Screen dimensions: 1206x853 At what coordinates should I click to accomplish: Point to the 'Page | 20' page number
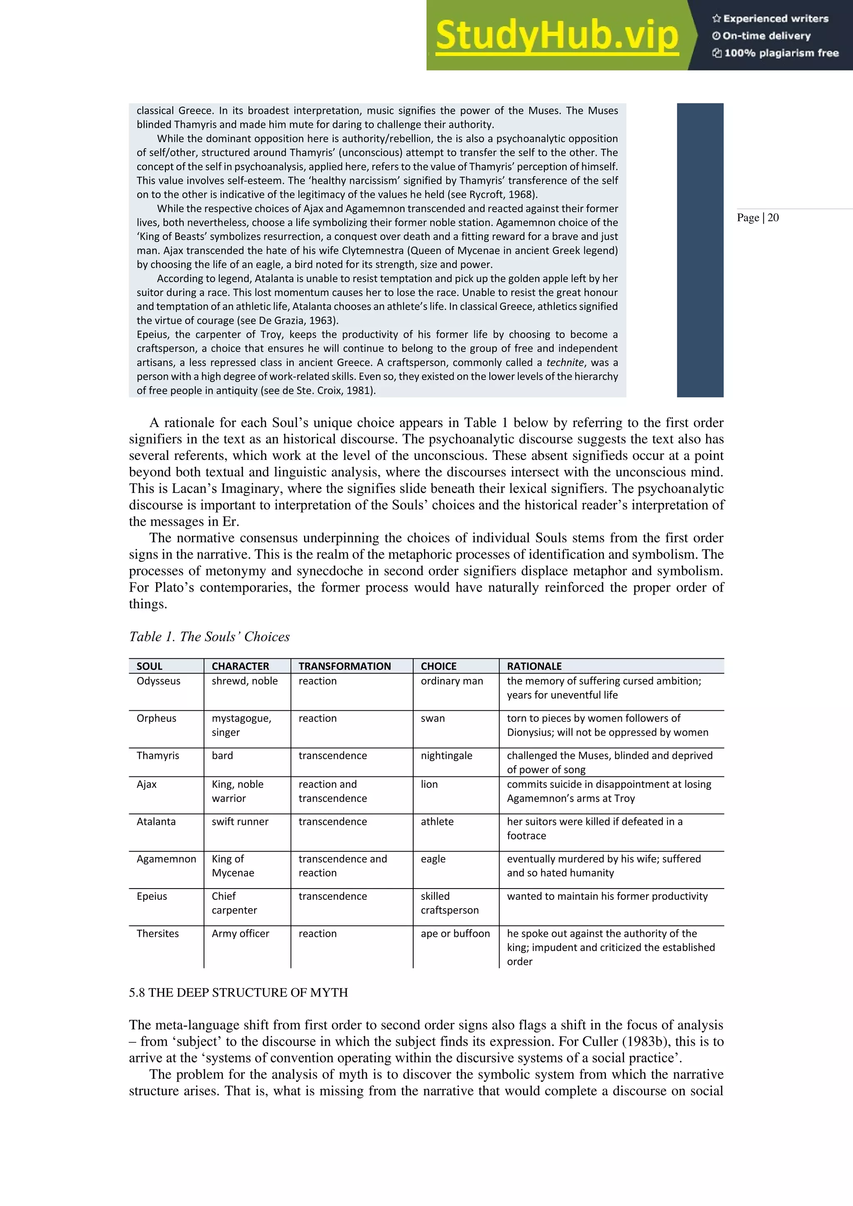click(x=757, y=217)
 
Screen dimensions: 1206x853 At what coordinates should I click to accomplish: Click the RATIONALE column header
click(x=534, y=666)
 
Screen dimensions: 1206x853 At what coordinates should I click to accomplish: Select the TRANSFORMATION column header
click(x=344, y=666)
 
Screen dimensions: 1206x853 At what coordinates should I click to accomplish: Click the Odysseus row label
click(x=158, y=681)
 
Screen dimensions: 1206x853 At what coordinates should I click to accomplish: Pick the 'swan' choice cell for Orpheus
click(x=432, y=718)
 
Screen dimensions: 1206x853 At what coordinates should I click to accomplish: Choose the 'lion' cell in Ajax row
click(x=429, y=784)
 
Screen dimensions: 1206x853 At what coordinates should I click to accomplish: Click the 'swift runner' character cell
click(x=239, y=821)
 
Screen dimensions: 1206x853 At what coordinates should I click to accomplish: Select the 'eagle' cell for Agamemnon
click(x=433, y=859)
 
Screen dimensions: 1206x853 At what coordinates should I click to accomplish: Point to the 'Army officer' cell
click(x=240, y=934)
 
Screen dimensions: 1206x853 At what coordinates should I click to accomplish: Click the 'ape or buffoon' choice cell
click(x=455, y=934)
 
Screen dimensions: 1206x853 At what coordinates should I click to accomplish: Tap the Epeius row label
click(x=151, y=896)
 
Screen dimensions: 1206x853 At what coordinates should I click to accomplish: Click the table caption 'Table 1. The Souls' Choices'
click(x=209, y=637)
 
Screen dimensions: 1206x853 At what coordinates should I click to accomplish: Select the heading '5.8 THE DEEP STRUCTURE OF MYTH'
click(x=239, y=992)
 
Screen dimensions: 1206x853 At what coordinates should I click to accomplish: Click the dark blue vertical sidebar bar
click(x=700, y=250)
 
